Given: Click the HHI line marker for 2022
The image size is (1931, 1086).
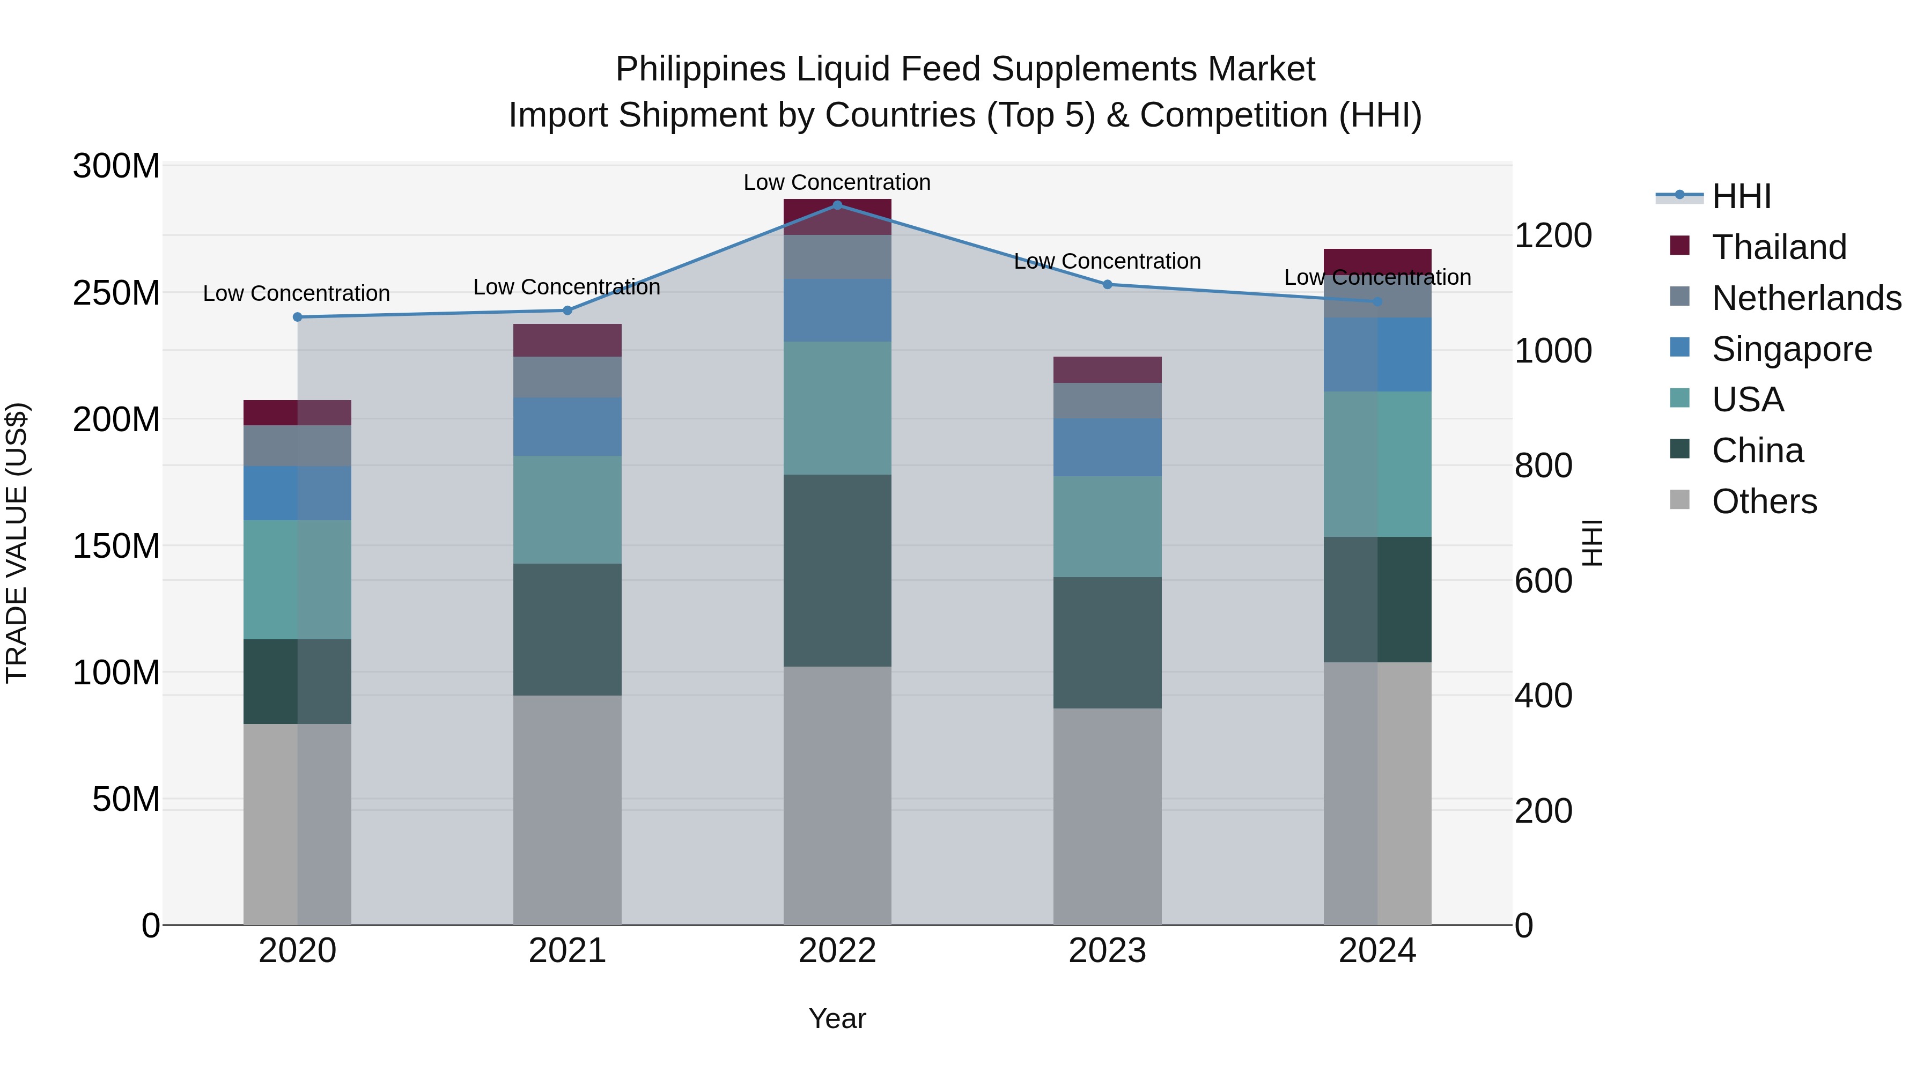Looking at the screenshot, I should click(x=837, y=205).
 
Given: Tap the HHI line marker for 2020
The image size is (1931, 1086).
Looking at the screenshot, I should click(x=298, y=317).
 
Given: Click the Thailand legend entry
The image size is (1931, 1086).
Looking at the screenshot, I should click(x=1779, y=247).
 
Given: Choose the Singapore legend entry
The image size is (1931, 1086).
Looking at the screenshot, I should click(x=1792, y=349).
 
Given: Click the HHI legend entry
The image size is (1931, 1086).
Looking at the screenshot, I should click(x=1741, y=196).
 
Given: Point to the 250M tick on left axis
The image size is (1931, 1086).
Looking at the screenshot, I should click(x=116, y=292).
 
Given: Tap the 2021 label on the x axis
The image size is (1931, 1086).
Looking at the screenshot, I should click(x=567, y=951).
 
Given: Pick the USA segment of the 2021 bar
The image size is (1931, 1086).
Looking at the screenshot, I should click(x=567, y=509).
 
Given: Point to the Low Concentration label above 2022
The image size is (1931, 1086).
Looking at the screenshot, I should click(x=837, y=182).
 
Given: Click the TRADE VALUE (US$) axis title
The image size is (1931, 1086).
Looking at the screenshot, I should click(x=17, y=543).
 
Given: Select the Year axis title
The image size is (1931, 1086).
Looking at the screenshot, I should click(x=837, y=1018).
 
